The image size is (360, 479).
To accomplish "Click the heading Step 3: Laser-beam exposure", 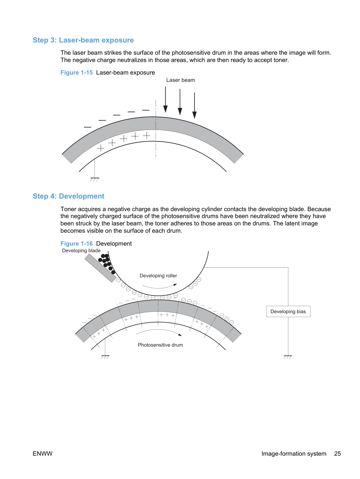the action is point(83,40).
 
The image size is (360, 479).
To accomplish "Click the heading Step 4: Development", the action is point(69,196).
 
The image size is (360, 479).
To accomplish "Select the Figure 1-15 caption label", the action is point(76,72).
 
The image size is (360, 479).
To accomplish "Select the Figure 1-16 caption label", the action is point(76,244).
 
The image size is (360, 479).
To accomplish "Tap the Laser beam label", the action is point(181,80).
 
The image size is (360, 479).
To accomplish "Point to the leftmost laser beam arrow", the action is point(166,100).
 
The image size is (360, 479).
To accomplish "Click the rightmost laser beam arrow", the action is point(194,106).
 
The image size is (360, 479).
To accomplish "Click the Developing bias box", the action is point(288,311).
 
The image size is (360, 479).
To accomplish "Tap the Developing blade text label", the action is point(81,250).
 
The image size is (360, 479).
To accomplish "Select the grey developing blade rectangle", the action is point(100,269).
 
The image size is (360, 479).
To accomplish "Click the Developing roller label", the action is point(158,276).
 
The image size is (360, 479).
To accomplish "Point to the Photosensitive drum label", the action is point(160,345).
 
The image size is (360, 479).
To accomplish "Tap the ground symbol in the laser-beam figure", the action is point(95,179).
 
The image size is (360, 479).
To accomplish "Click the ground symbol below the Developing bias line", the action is point(288,357).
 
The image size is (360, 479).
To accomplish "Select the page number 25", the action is point(337,454).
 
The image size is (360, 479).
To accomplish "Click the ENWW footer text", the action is point(43,454).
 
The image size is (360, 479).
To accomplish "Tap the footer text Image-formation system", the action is point(294,454).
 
